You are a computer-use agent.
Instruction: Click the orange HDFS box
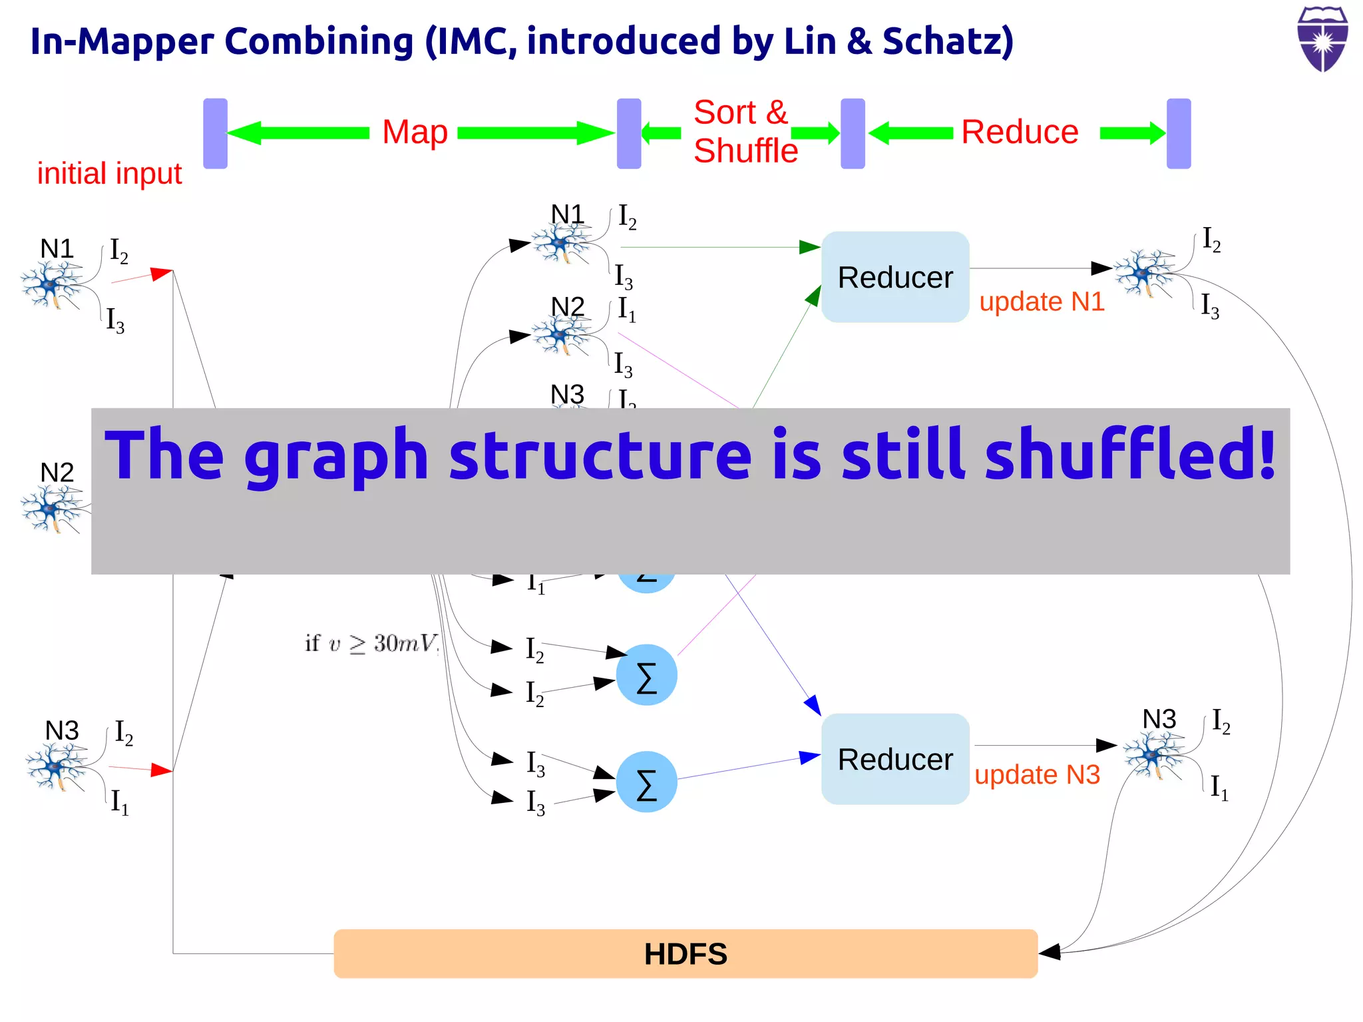pos(685,953)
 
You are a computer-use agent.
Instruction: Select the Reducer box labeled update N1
pos(895,277)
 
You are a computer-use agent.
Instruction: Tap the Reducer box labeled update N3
pos(895,759)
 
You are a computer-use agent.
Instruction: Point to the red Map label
pos(415,132)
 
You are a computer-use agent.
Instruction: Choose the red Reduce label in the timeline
pos(1020,132)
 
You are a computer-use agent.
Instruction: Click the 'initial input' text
pos(109,174)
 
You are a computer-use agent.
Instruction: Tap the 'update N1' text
pos(1042,302)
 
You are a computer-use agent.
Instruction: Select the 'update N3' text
pos(1037,775)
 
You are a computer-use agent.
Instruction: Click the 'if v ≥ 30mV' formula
pos(371,643)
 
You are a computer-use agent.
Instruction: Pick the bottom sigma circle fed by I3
pos(646,782)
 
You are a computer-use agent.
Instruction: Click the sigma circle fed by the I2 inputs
pos(646,674)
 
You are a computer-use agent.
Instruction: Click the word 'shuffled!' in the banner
pos(1130,455)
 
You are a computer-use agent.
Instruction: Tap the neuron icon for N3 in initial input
pos(57,766)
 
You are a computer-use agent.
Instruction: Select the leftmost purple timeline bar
pos(215,133)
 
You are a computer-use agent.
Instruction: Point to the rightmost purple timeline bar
pos(1179,133)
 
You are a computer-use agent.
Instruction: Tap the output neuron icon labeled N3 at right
pos(1153,754)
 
